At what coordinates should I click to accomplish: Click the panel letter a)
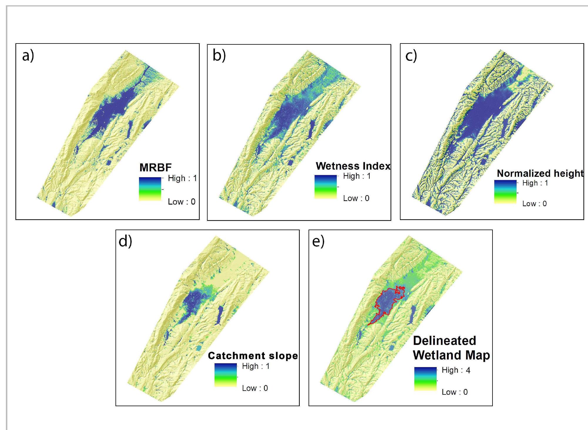pos(28,56)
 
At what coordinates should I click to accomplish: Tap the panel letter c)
pos(411,56)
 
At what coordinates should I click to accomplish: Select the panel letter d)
pos(125,241)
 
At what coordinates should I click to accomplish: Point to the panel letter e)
pos(318,241)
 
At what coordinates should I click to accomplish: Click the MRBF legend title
pos(155,168)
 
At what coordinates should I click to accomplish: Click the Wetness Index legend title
pos(353,166)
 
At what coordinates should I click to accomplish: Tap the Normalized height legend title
pos(540,173)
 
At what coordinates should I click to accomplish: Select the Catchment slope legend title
pos(253,356)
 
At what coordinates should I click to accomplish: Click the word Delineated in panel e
pos(444,341)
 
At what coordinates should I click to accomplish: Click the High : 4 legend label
pos(456,370)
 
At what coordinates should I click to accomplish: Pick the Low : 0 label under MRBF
pos(181,202)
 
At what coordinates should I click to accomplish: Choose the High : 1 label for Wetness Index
pos(356,176)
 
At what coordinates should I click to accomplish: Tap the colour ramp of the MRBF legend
pos(150,189)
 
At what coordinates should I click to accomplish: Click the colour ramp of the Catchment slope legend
pos(225,375)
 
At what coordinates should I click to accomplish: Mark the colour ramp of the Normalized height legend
pos(505,192)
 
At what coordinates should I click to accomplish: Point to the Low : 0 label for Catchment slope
pos(255,388)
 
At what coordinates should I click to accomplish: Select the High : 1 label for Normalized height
pos(535,183)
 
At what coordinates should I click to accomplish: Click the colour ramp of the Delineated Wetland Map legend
pos(425,379)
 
